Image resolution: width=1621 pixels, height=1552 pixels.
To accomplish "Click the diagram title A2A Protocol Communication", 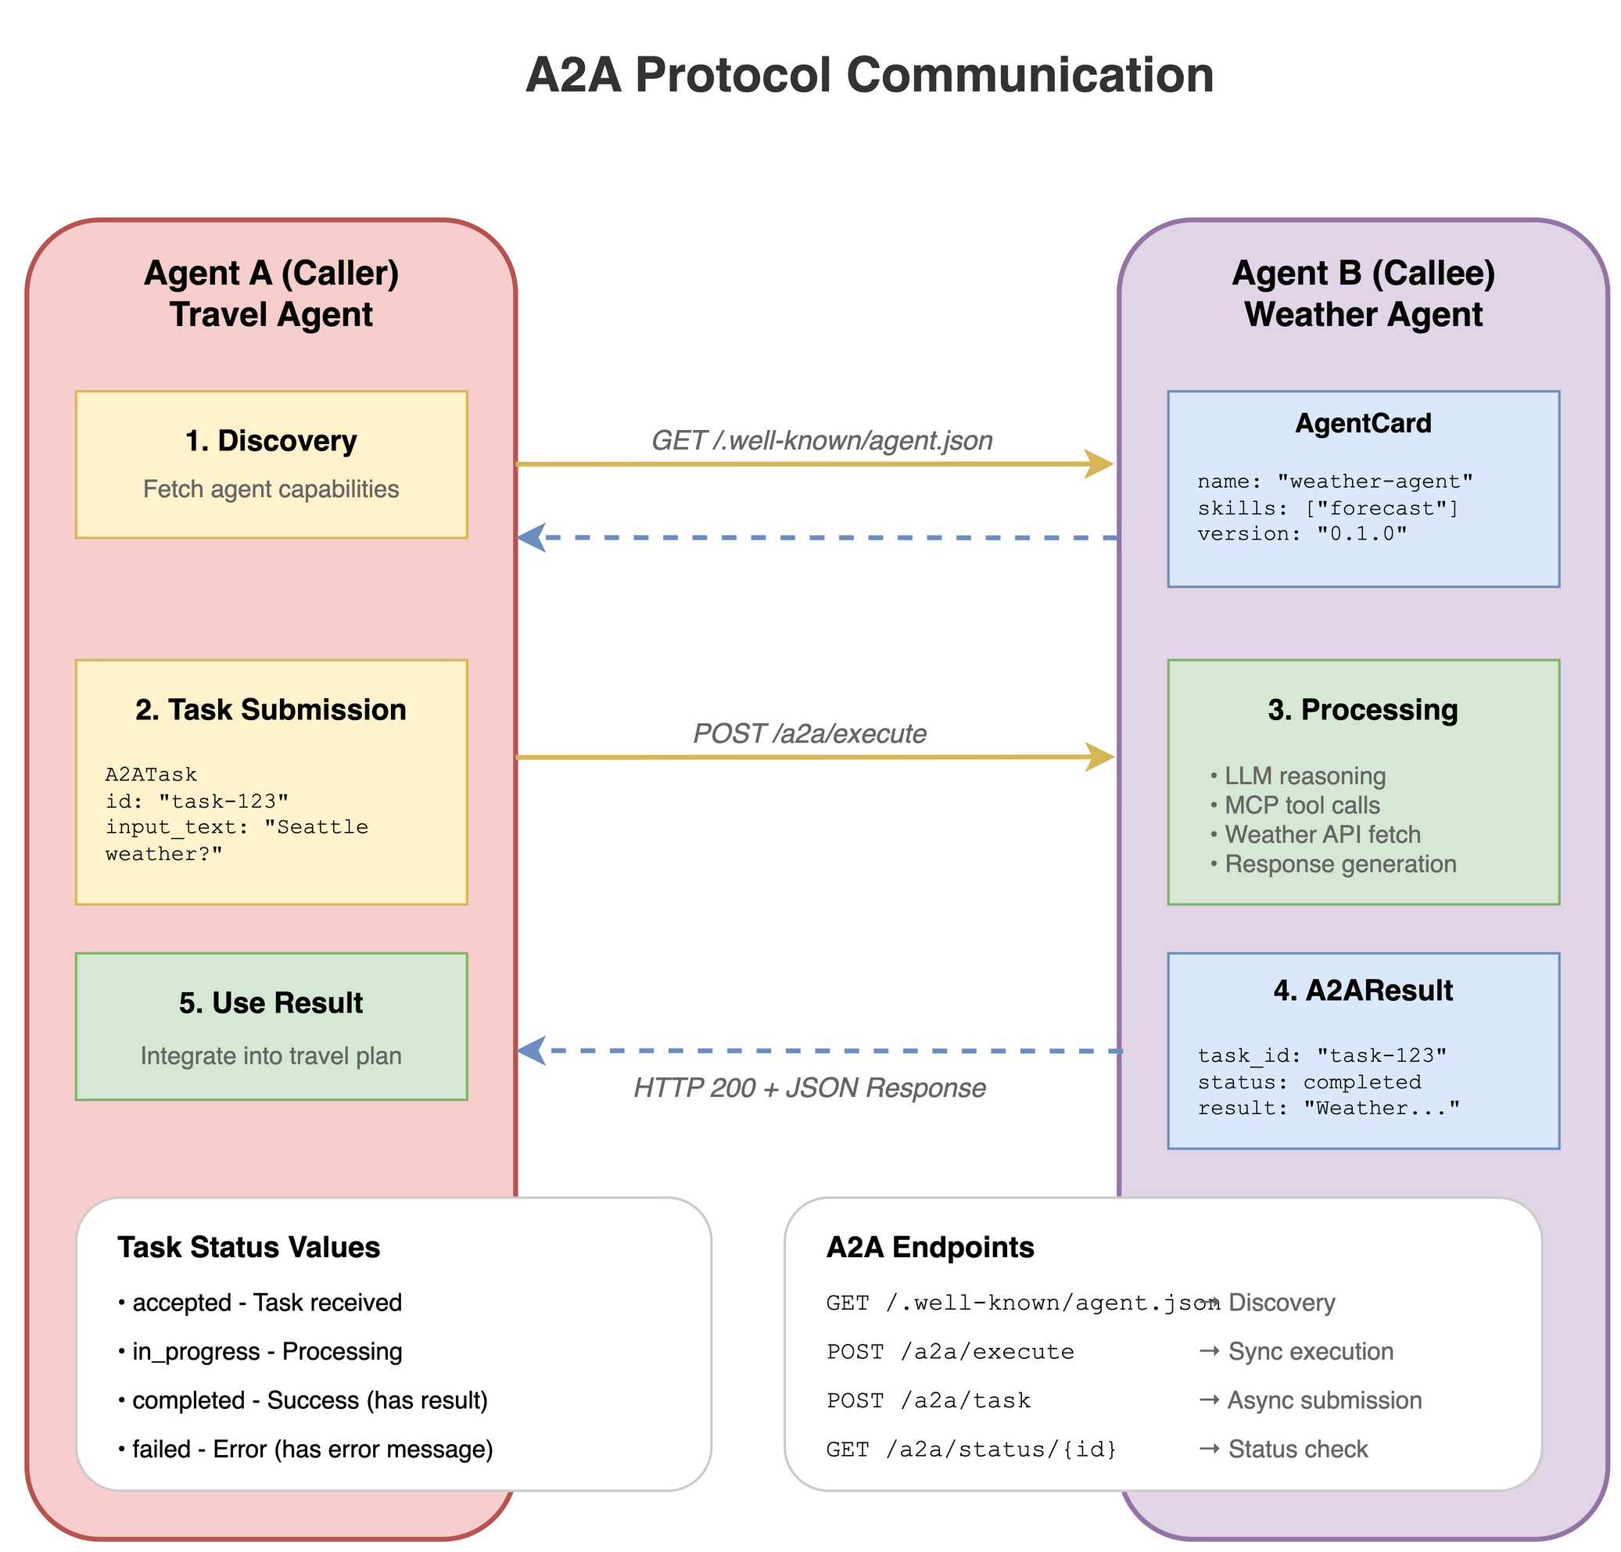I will (x=870, y=75).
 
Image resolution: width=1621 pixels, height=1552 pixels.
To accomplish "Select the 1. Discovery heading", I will (x=271, y=441).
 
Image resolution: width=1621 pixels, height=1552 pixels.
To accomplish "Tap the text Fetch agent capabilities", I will (x=271, y=489).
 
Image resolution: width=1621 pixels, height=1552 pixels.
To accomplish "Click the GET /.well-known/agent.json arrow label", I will (x=822, y=441).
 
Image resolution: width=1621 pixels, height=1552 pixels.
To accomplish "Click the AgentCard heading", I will (x=1363, y=423).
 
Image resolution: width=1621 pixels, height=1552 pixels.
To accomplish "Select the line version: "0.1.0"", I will (x=1302, y=534).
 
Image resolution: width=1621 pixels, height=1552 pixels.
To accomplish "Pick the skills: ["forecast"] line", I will (x=1328, y=507).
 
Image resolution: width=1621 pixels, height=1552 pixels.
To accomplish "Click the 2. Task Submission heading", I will (x=271, y=710).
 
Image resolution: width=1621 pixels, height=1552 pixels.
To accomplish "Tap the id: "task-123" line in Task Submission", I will (x=197, y=801).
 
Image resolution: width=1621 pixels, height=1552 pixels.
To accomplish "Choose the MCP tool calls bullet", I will (x=1301, y=805).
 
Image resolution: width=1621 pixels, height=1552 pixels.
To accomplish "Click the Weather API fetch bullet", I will (x=1322, y=835).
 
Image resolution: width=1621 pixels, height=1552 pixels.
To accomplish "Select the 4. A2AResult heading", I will (x=1363, y=991).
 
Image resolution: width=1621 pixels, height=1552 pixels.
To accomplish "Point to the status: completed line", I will (x=1309, y=1082).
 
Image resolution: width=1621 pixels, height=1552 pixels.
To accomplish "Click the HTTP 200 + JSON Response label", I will (x=809, y=1088).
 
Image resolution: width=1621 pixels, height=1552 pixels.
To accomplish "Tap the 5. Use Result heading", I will (x=271, y=1003).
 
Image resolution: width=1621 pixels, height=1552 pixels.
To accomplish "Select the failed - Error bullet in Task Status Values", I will (x=306, y=1450).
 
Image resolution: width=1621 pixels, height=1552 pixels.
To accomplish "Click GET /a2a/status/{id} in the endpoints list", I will (x=971, y=1450).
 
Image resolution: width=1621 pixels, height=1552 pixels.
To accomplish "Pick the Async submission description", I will (x=1323, y=1400).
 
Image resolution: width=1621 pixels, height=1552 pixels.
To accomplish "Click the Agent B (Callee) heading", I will (x=1363, y=274).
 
